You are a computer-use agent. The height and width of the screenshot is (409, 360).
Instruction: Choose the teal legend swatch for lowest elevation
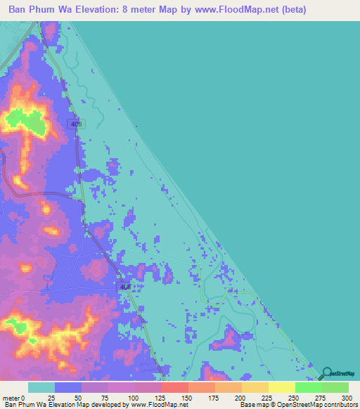tap(41, 387)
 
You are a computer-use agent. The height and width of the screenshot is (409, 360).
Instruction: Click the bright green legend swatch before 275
tap(308, 387)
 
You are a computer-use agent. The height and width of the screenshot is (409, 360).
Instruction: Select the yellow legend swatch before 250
tap(281, 387)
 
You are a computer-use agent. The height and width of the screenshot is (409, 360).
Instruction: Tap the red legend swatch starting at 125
tap(174, 387)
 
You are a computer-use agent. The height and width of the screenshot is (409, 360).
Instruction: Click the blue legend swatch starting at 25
tap(67, 387)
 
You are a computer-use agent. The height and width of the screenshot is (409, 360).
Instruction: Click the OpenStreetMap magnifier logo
tap(326, 374)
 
